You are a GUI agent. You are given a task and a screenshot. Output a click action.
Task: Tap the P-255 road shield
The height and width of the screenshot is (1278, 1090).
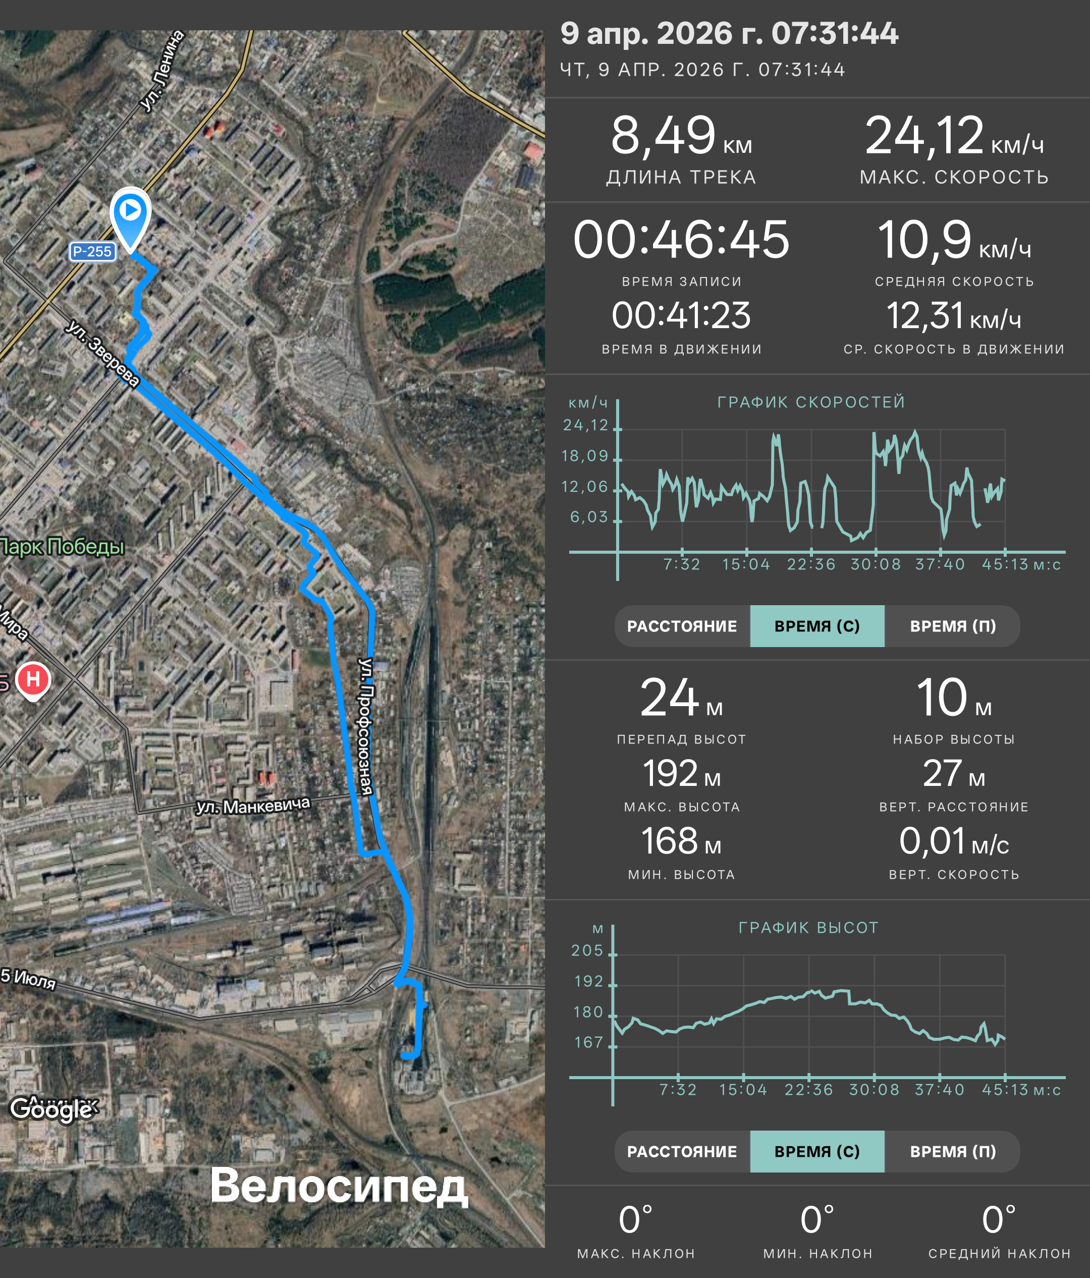(x=92, y=252)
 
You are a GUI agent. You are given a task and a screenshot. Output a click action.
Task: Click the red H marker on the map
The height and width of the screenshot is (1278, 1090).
(x=33, y=680)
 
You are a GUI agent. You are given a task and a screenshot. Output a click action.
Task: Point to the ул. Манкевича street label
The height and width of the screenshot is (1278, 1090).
(x=253, y=806)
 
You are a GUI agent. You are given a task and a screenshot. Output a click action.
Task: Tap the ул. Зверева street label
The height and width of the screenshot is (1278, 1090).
(x=103, y=352)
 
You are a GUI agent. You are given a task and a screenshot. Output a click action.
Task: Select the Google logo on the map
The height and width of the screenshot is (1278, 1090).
(x=52, y=1109)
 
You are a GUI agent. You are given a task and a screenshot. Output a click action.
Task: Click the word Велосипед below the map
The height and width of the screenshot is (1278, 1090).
(x=339, y=1186)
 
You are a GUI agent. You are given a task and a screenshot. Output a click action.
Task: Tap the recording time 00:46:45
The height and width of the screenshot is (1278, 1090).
(x=681, y=239)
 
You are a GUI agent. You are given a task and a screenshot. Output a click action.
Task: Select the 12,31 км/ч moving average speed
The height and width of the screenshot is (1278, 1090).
(x=954, y=316)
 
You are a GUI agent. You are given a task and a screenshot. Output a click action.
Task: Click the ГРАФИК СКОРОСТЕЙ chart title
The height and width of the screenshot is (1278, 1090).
(x=811, y=402)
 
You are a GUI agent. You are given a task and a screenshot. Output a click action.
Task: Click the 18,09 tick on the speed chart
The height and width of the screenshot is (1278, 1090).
(x=585, y=456)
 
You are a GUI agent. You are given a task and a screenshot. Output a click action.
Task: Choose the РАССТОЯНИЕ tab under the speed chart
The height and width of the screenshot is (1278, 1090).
(x=682, y=626)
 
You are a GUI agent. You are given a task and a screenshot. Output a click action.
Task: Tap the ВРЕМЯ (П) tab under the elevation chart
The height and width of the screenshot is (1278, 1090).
(x=953, y=1151)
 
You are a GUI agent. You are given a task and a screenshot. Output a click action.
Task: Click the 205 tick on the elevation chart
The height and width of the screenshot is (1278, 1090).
(x=587, y=950)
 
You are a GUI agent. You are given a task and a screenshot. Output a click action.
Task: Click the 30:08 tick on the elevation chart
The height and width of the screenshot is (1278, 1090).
(x=874, y=1090)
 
